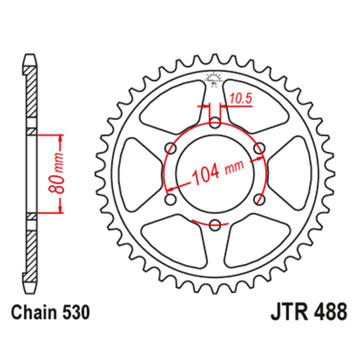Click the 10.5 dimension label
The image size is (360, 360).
(238, 97)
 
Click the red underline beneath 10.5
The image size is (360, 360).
(238, 105)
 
